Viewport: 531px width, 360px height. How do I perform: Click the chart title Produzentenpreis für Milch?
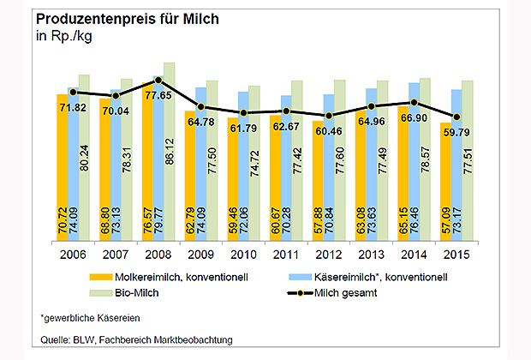point(119,18)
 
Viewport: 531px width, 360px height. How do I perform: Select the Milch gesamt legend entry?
point(359,292)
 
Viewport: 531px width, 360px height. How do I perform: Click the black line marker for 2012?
point(329,116)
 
